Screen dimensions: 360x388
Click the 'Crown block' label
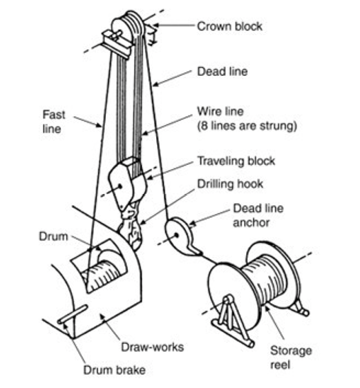pos(229,26)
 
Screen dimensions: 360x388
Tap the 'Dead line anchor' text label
pos(258,215)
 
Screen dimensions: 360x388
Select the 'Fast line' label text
pos(54,122)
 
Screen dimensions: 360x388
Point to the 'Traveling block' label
pos(236,161)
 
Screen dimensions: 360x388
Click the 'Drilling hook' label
pos(230,184)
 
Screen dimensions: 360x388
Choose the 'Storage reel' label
pos(291,358)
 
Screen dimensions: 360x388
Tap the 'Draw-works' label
pos(153,347)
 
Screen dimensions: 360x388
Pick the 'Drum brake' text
pos(115,370)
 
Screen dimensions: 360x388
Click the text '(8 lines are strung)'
pos(247,126)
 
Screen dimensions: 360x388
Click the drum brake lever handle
pos(73,314)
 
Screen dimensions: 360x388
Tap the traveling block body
pos(127,184)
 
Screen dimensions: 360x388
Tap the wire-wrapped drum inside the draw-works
pos(103,275)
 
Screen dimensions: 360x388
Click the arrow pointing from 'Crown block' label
pos(173,25)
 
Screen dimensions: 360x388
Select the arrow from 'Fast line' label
pos(88,122)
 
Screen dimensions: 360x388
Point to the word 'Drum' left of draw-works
pos(53,237)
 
